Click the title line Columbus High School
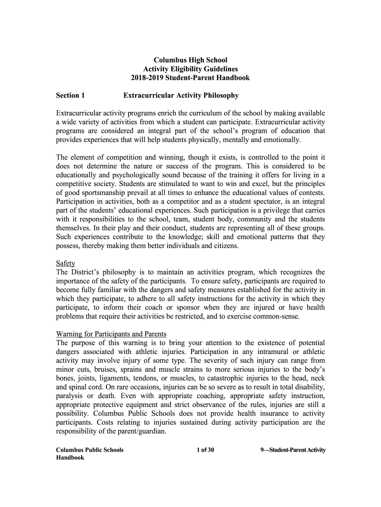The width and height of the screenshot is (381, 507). pyautogui.click(x=190, y=60)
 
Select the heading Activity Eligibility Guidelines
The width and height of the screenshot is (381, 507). pyautogui.click(x=190, y=69)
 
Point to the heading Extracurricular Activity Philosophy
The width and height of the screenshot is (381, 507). pyautogui.click(x=181, y=95)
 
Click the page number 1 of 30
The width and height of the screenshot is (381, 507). pyautogui.click(x=205, y=450)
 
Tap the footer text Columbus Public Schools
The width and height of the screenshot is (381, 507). pyautogui.click(x=90, y=450)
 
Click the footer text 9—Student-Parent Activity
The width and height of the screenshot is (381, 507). pyautogui.click(x=292, y=450)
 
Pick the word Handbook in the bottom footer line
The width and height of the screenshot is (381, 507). pyautogui.click(x=70, y=457)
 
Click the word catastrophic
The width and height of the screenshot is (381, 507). pyautogui.click(x=229, y=378)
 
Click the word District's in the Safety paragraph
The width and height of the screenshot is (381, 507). pyautogui.click(x=87, y=272)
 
